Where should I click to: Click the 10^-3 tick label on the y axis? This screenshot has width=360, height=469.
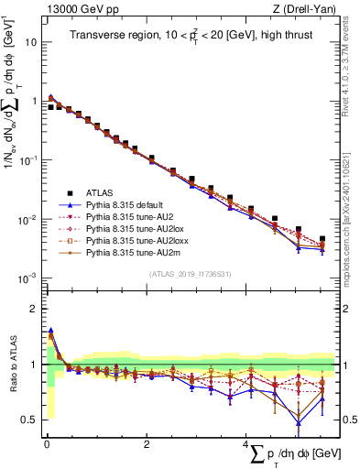coord(28,278)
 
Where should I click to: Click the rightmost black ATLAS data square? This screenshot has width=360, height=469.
coord(322,239)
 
